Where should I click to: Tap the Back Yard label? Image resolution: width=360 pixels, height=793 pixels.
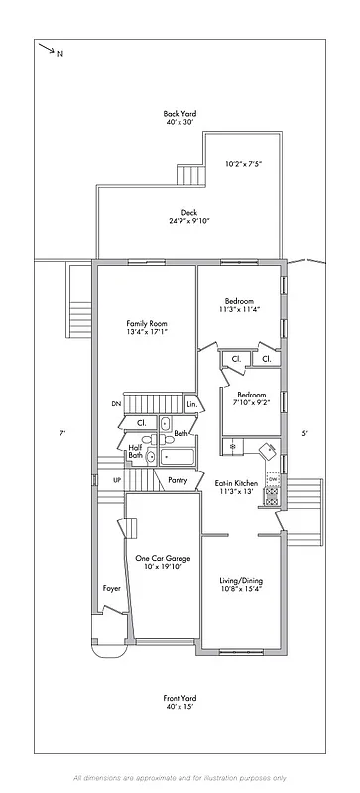180,119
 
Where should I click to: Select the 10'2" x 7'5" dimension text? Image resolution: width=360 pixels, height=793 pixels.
243,164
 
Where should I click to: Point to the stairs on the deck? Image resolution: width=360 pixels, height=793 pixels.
188,175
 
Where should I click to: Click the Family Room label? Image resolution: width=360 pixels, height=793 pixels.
145,329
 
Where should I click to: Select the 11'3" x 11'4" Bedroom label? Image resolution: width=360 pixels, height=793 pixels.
239,305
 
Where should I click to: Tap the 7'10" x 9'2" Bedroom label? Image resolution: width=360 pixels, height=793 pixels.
250,398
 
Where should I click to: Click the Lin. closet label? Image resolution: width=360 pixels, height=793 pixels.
192,404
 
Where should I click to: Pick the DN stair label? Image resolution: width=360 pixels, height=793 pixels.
116,404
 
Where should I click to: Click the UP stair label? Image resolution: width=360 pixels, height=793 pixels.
117,480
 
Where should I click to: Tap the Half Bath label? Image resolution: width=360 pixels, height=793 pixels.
135,452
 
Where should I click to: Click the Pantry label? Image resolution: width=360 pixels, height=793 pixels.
178,480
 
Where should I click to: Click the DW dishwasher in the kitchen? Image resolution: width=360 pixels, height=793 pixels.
272,478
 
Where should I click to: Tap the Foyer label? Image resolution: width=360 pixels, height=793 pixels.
112,589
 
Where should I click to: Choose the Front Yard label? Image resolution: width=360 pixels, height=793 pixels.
180,704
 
